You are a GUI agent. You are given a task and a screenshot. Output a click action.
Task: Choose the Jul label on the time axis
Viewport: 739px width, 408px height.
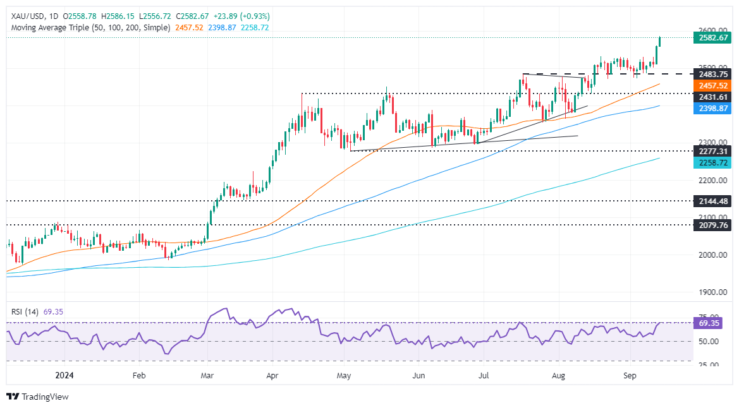(484, 375)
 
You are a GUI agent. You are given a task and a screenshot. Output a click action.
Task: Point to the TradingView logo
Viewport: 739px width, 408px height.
(37, 397)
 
